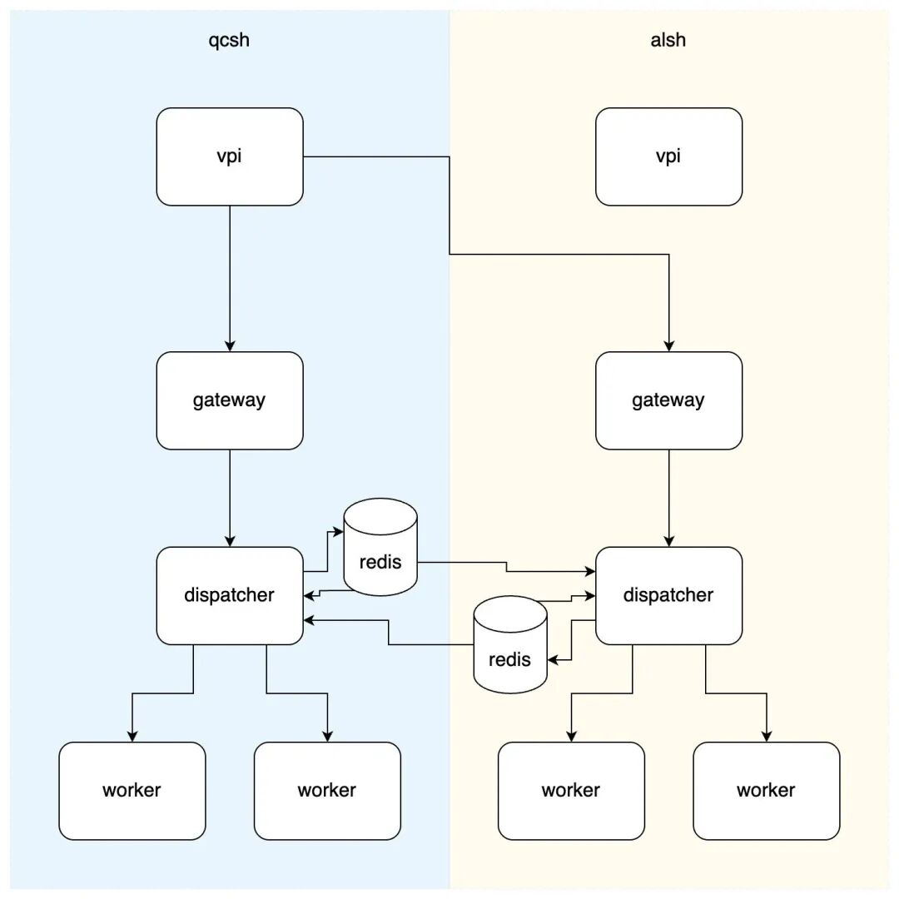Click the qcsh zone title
click(229, 40)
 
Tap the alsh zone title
click(668, 40)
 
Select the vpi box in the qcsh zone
click(230, 156)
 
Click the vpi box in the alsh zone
click(669, 156)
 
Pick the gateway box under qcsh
click(230, 400)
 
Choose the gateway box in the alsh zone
click(669, 400)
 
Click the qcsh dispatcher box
click(230, 596)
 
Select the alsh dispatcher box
click(669, 596)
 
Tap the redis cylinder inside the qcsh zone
click(380, 547)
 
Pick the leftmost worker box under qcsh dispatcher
click(132, 792)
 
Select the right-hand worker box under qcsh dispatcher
click(327, 792)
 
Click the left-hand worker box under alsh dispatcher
click(572, 792)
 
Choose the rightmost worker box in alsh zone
click(767, 792)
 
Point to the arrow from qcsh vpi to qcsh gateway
click(230, 279)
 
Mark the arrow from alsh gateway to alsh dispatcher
click(669, 499)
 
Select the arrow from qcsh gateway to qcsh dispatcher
click(230, 499)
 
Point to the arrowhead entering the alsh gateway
click(669, 346)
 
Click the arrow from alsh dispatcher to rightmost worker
click(736, 693)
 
